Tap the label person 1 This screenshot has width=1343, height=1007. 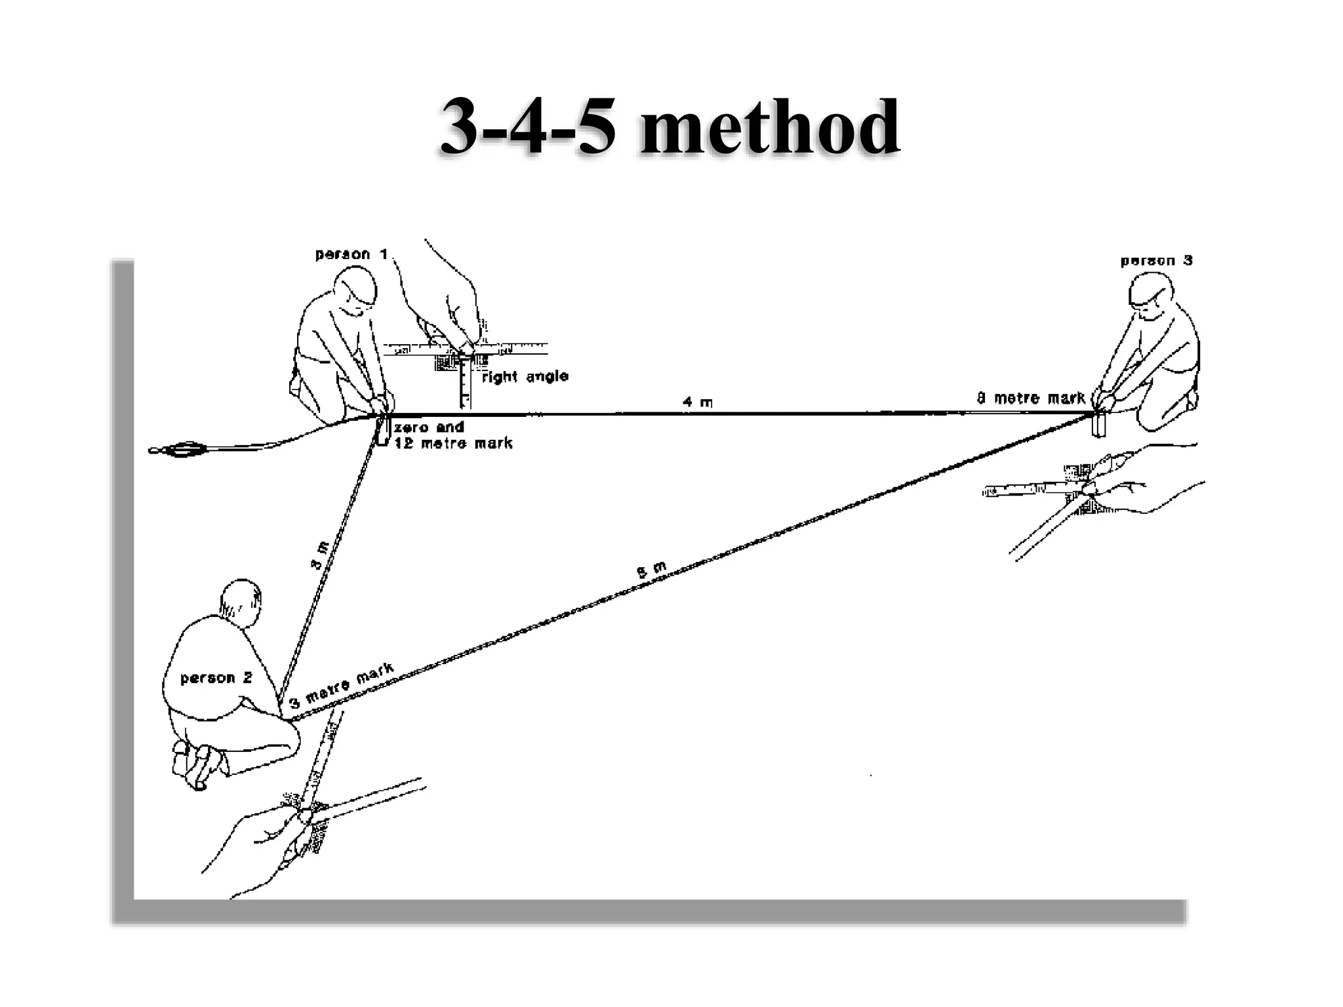point(351,254)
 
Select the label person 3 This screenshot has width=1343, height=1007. point(1156,261)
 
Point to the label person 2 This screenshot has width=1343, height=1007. point(216,678)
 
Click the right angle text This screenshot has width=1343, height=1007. point(525,377)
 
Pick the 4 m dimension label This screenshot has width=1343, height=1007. point(697,402)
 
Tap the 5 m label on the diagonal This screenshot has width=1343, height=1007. point(652,570)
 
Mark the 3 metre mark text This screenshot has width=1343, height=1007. point(342,686)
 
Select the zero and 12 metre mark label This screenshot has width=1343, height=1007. point(452,435)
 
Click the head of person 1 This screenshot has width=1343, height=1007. point(357,292)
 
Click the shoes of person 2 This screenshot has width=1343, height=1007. point(197,764)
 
